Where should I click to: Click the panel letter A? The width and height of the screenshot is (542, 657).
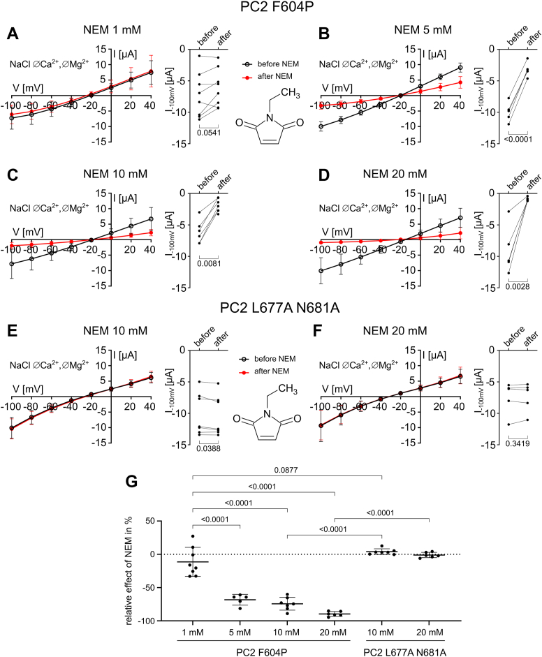click(x=11, y=33)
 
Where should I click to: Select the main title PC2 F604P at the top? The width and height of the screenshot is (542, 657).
click(x=270, y=9)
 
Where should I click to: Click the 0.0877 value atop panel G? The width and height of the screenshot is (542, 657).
click(x=288, y=470)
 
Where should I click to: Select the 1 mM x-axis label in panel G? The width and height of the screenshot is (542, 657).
click(x=189, y=633)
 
